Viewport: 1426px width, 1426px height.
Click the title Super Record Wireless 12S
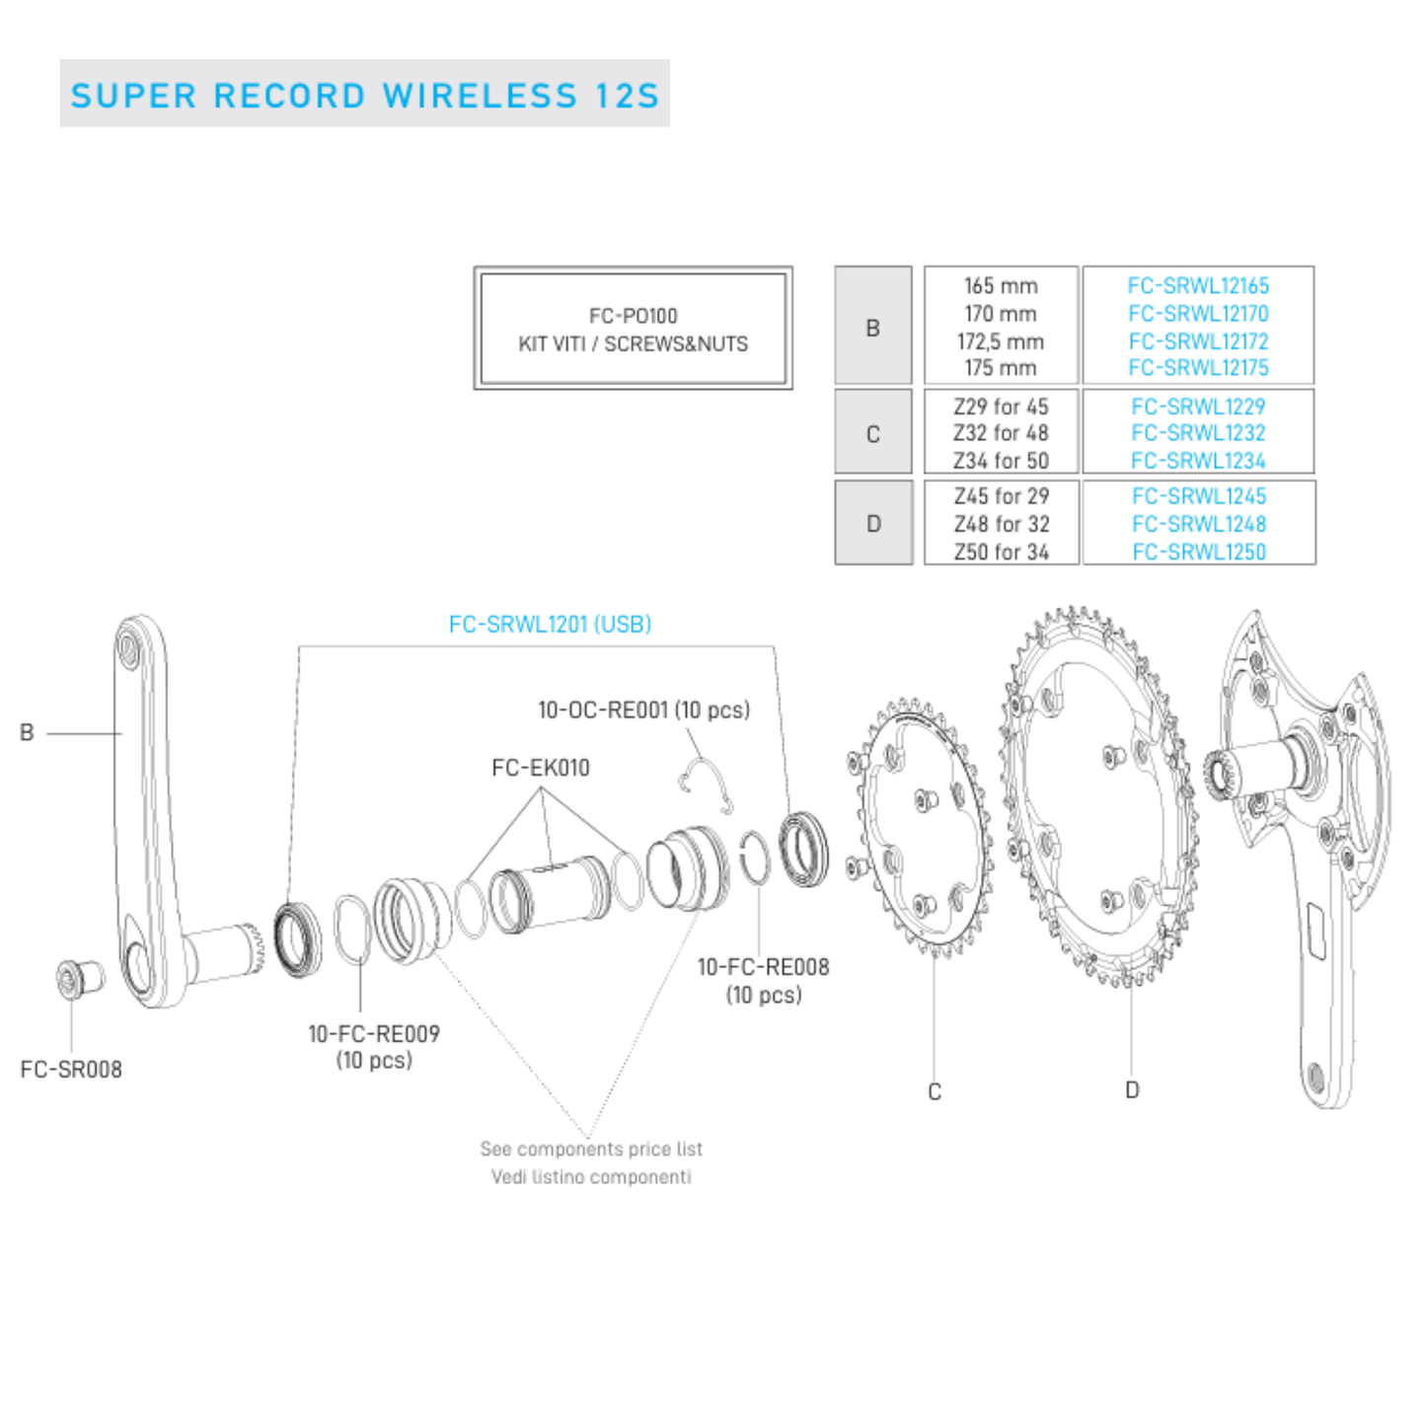click(364, 95)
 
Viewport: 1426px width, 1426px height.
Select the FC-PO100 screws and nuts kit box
click(633, 329)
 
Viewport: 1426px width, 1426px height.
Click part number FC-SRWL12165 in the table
click(1198, 286)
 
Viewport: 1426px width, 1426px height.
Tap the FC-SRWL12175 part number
click(1198, 368)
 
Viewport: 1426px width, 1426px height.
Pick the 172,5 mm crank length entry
click(1000, 341)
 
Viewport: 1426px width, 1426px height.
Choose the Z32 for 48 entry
click(1001, 433)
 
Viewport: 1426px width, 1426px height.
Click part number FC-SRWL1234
click(1198, 461)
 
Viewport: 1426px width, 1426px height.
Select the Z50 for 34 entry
click(1001, 553)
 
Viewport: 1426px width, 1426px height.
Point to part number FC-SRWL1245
click(1198, 496)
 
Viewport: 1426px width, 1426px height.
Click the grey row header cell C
click(872, 434)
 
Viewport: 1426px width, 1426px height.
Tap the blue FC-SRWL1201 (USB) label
click(550, 625)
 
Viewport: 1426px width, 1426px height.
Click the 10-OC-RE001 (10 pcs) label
click(643, 711)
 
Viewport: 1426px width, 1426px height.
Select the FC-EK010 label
click(540, 768)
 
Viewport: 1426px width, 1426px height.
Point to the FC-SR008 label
click(71, 1070)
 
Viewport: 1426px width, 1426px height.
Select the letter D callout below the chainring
click(1132, 1090)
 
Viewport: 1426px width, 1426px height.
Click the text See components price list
click(591, 1149)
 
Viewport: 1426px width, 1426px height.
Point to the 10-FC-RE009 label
click(374, 1034)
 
